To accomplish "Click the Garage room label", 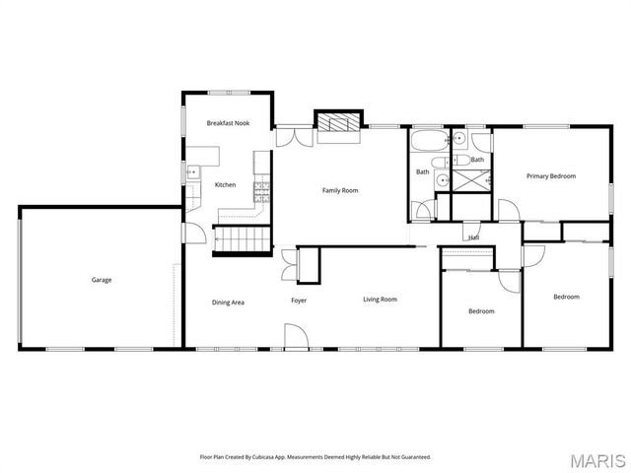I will (x=102, y=280).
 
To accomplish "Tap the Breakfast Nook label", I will (x=228, y=123).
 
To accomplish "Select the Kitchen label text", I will (x=226, y=185).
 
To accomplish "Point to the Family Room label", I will (x=340, y=190).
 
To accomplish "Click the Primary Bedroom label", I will (x=551, y=176).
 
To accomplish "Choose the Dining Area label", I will (x=229, y=302).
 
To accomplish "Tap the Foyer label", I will (x=299, y=300).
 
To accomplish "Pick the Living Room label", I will (x=380, y=300).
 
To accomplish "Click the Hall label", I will (x=474, y=237).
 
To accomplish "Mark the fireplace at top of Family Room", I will (x=340, y=123).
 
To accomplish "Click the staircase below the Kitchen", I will (x=243, y=238).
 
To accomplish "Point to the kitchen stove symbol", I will (x=262, y=187).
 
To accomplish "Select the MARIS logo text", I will (x=603, y=460).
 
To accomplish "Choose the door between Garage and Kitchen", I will (x=195, y=235).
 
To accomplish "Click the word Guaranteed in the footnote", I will (x=415, y=456).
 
